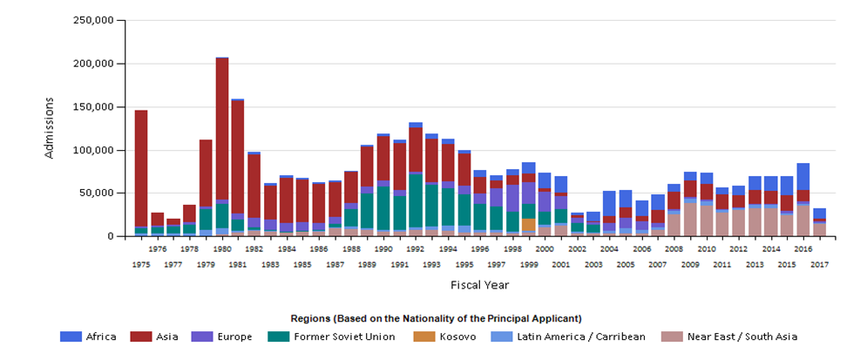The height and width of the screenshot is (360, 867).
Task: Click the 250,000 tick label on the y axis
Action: (92, 20)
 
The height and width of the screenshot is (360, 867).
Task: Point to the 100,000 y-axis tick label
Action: (92, 150)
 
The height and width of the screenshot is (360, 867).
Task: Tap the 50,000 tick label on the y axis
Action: (96, 193)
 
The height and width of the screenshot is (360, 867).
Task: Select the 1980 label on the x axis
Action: (222, 248)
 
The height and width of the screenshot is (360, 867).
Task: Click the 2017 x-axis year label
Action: (819, 264)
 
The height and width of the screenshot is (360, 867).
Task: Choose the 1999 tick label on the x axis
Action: (529, 264)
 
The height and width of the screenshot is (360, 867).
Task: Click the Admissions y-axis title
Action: (49, 128)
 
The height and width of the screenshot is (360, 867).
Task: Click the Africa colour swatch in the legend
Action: (71, 336)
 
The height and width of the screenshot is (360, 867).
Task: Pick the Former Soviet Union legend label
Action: (343, 336)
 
